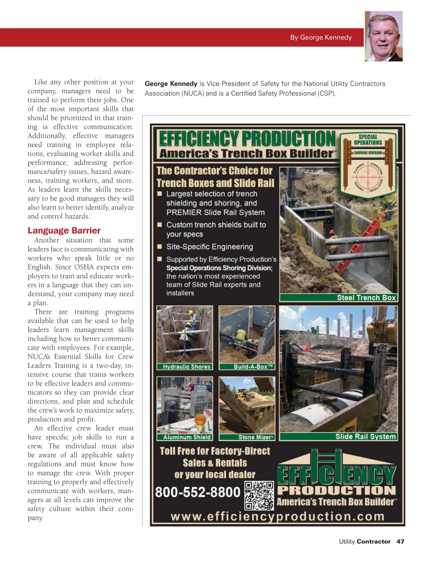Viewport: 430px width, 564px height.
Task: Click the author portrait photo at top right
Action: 383,36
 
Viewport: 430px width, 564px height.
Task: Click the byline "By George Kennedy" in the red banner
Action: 321,37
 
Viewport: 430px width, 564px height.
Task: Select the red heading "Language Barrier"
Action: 64,230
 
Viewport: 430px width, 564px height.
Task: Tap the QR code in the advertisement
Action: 259,496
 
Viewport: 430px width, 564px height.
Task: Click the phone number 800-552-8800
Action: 197,492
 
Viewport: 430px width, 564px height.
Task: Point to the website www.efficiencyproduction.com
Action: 277,516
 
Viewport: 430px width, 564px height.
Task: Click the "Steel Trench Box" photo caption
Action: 366,298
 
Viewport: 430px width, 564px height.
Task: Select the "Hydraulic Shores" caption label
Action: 187,367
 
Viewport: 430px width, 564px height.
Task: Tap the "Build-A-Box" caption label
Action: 253,367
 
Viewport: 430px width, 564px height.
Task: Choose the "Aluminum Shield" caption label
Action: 187,437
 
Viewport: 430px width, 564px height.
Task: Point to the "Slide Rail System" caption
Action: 365,437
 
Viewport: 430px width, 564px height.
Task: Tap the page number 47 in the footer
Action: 400,541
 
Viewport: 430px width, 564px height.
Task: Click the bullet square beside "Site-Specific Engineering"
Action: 160,247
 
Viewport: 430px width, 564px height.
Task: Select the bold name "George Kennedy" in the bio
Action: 171,84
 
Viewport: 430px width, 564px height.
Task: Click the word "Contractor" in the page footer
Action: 374,541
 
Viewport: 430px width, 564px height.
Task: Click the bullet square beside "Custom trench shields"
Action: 160,225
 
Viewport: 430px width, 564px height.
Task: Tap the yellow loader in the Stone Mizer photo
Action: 242,394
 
